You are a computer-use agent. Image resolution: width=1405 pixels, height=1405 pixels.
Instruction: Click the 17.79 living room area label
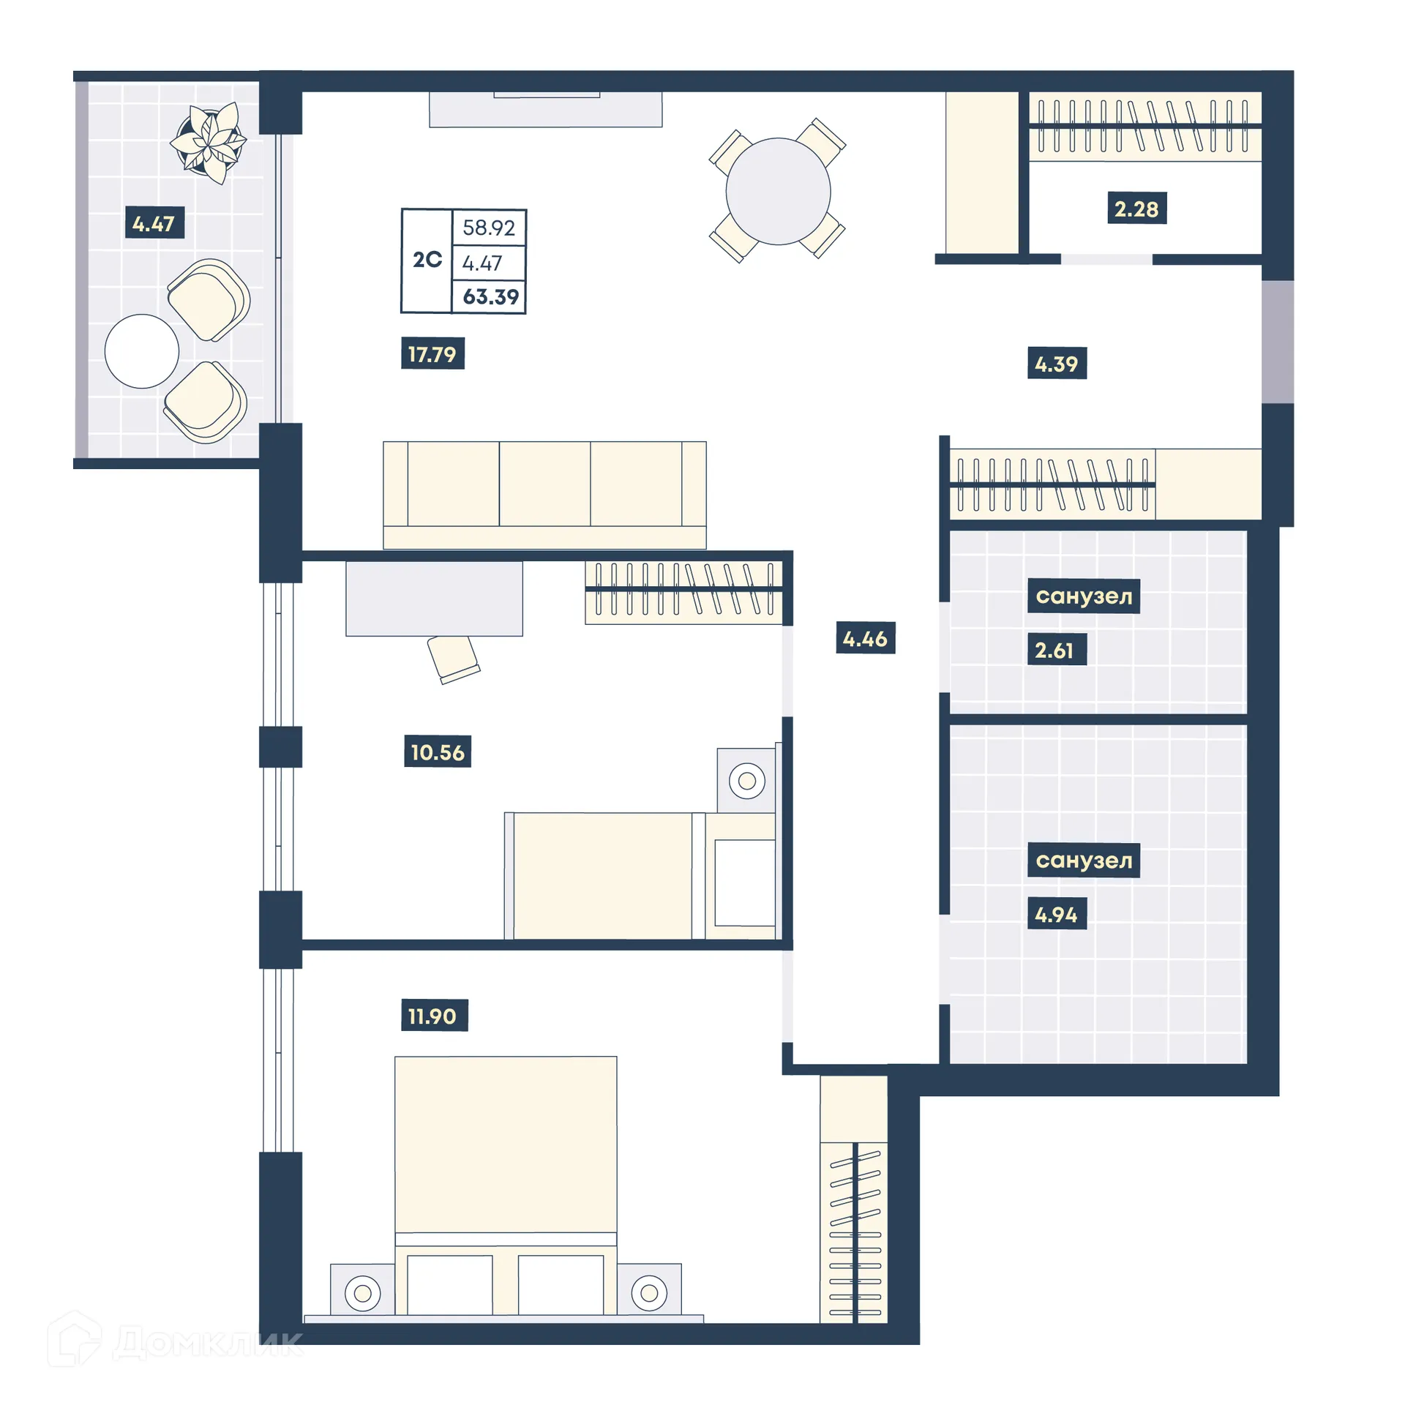pos(432,354)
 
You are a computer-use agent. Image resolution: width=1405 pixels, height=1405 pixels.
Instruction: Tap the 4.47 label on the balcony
pos(154,223)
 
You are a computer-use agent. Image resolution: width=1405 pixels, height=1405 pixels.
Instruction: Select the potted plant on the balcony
pos(209,142)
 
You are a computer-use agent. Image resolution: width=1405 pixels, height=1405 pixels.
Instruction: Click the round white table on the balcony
pos(142,351)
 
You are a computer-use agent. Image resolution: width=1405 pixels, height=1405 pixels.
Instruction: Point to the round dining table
pos(777,192)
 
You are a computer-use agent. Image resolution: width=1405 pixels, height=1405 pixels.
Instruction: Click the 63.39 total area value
pos(490,297)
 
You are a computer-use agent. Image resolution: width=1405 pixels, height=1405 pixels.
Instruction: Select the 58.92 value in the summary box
pos(488,228)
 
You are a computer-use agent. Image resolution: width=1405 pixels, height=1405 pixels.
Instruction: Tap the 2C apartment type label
pos(427,260)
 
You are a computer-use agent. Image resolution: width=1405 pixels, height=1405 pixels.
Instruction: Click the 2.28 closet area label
pos(1135,209)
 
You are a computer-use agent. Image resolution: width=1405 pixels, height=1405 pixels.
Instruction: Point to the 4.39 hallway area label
pos(1055,364)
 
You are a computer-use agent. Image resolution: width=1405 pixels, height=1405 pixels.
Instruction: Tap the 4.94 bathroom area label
pos(1055,914)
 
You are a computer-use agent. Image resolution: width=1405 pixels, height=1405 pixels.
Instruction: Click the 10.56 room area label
pos(437,752)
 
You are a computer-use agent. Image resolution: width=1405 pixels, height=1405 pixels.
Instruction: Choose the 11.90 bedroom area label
pos(432,1016)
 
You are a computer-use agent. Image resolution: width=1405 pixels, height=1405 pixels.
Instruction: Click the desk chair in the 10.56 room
pos(452,657)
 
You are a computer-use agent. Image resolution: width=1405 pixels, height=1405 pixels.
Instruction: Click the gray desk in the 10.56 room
pos(433,599)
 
